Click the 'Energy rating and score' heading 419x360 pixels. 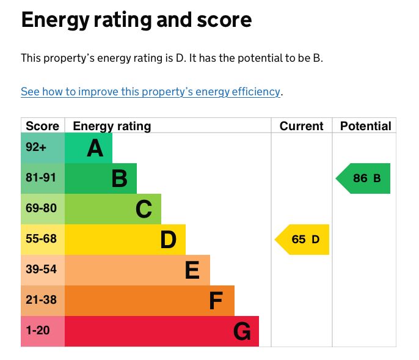[x=136, y=20]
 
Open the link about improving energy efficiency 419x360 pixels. [x=150, y=92]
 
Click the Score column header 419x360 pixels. [x=43, y=127]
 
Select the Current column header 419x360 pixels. [x=301, y=127]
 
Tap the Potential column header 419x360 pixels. [x=365, y=127]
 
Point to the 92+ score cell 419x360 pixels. [x=36, y=148]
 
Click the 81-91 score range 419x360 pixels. [x=42, y=178]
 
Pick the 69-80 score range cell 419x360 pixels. [x=42, y=209]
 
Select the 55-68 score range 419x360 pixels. [x=42, y=240]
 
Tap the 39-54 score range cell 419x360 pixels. [x=42, y=270]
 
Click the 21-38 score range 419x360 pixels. [x=42, y=301]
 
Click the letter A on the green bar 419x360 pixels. [x=95, y=148]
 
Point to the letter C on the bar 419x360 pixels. [x=144, y=209]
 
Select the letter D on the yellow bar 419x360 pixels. [x=168, y=240]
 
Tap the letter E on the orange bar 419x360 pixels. [x=192, y=270]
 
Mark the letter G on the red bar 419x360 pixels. [x=242, y=332]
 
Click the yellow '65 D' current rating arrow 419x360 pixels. [x=304, y=240]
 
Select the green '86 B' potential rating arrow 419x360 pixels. [x=365, y=178]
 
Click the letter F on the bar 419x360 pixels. [x=216, y=301]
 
